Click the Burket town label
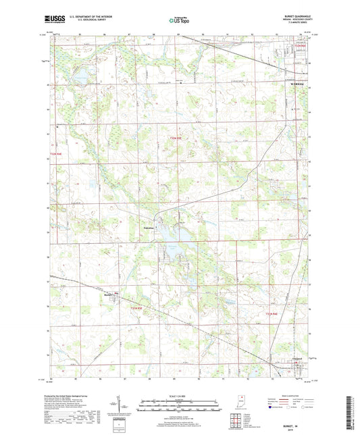109,294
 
